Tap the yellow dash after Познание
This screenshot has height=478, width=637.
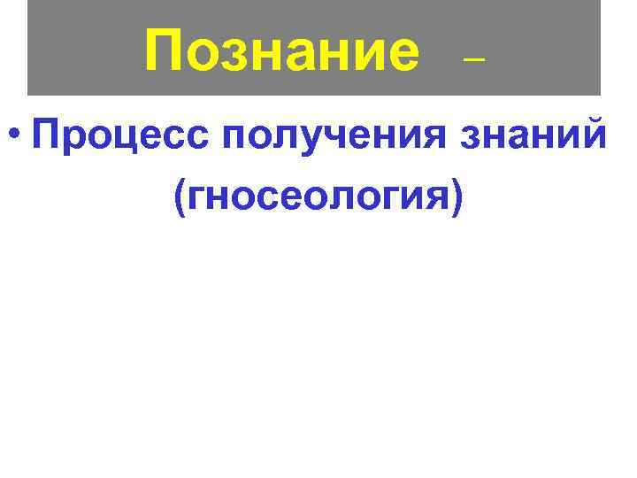475,61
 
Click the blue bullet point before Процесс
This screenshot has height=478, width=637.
13,136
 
